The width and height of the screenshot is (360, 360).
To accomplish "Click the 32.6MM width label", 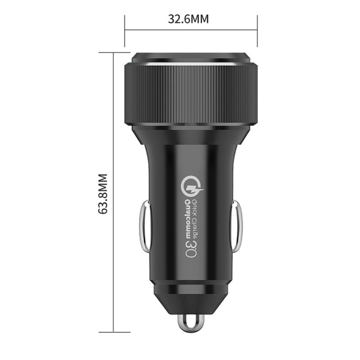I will [x=188, y=19].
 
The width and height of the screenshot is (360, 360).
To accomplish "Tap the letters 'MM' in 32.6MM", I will [x=201, y=19].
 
